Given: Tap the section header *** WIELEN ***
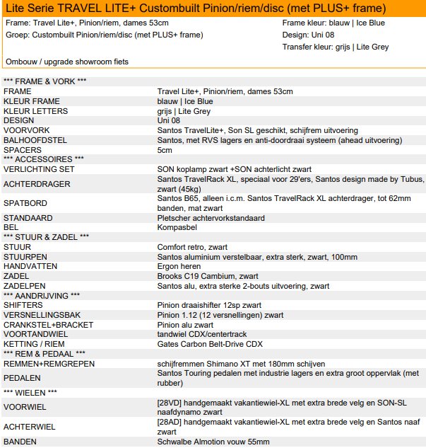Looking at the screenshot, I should (30, 392).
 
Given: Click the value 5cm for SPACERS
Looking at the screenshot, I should (164, 150).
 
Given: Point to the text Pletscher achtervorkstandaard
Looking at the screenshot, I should (211, 218).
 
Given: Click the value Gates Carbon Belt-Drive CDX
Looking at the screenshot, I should (210, 344).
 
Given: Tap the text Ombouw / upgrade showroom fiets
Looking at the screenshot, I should (67, 62).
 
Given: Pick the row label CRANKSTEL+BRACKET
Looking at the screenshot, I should (45, 325).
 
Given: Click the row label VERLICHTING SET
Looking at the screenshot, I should (38, 169).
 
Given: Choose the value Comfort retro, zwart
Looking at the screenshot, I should (192, 247).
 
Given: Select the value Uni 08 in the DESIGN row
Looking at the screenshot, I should (168, 120).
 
